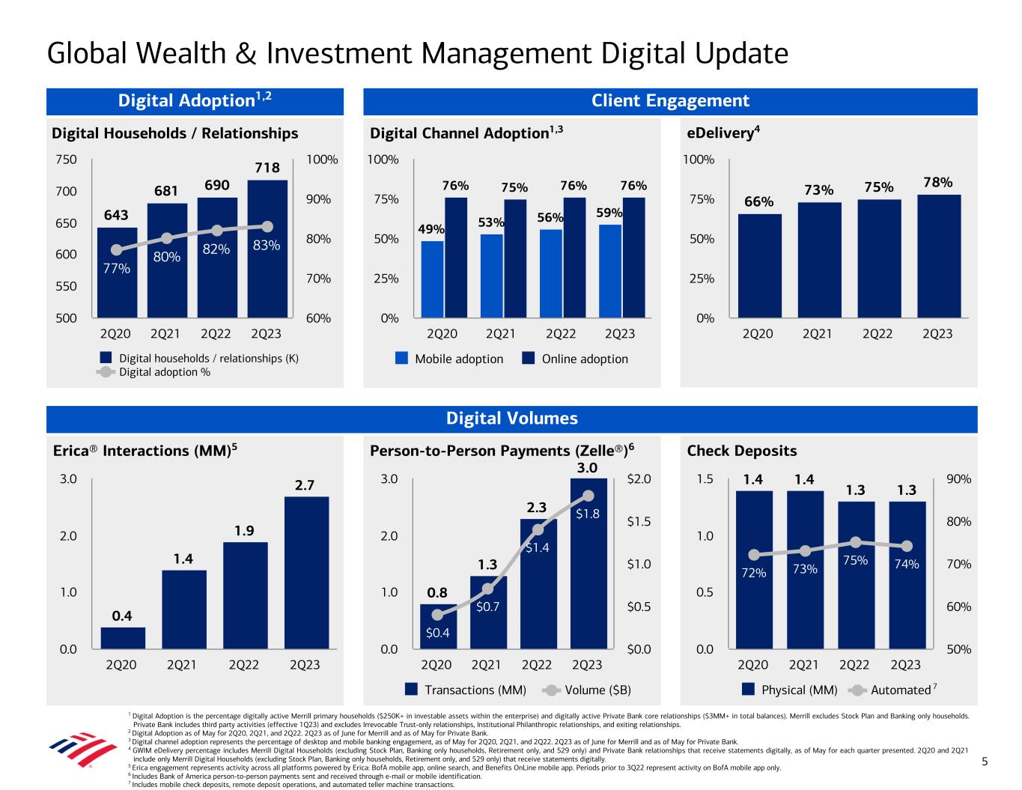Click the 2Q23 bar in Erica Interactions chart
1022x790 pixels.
tap(306, 573)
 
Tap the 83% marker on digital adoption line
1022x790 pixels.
tap(267, 226)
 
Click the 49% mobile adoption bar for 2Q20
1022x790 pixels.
tap(432, 279)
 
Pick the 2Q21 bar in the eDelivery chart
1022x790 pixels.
tap(818, 261)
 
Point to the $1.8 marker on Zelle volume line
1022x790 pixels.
tap(588, 496)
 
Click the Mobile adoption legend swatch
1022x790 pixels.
tap(402, 359)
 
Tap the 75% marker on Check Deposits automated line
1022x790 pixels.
tap(856, 541)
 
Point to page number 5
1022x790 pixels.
tap(985, 762)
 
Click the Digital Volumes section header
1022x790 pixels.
tap(511, 419)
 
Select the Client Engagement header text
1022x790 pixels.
tap(670, 101)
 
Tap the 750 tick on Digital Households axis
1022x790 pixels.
tap(67, 159)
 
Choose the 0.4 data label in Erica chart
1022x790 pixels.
tap(122, 616)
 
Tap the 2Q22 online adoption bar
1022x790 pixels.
tap(574, 258)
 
